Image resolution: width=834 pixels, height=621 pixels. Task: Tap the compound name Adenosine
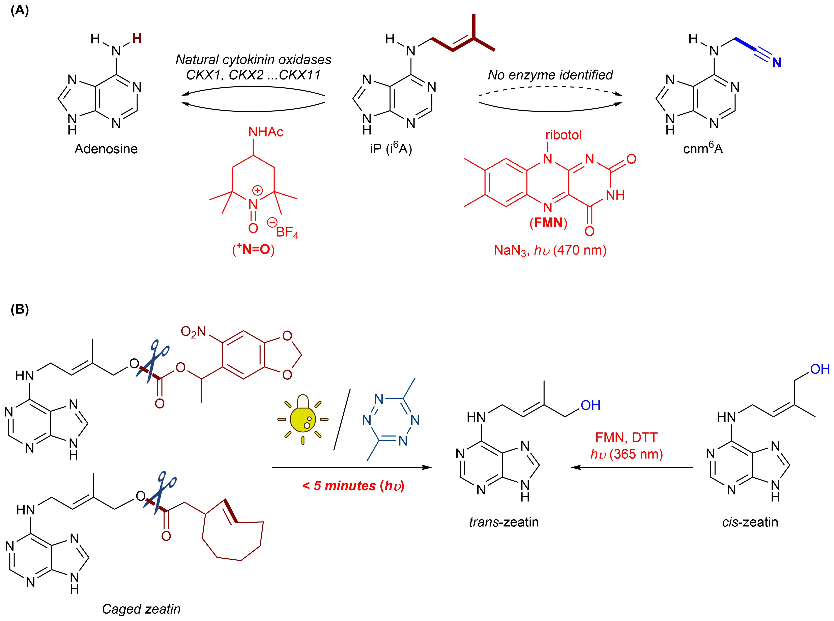tap(106, 149)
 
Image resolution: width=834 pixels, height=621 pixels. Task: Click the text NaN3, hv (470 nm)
tap(550, 250)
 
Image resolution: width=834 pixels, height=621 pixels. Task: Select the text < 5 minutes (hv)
tap(353, 486)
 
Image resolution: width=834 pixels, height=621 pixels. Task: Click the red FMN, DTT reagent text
tap(626, 437)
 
